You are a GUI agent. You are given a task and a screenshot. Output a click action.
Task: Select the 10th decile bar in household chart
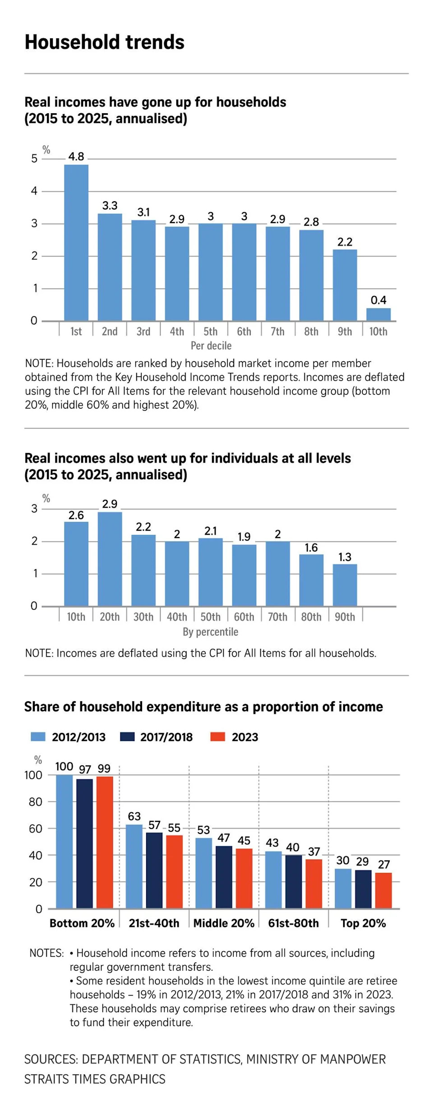click(x=378, y=315)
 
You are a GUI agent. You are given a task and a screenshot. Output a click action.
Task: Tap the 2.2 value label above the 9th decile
click(x=345, y=242)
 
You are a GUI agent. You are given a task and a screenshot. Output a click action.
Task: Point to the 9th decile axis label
click(x=345, y=332)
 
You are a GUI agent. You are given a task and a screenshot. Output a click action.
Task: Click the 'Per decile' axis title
click(x=211, y=346)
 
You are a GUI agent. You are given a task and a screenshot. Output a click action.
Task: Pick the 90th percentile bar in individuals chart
click(x=345, y=585)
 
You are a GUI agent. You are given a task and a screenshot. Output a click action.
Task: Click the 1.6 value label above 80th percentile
click(x=311, y=547)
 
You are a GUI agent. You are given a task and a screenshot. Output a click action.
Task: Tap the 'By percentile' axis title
click(x=210, y=632)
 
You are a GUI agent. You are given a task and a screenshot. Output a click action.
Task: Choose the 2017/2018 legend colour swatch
click(x=128, y=737)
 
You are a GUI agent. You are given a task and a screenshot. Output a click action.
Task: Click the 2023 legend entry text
click(x=245, y=737)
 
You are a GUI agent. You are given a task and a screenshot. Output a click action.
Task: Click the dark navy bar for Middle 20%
click(x=224, y=877)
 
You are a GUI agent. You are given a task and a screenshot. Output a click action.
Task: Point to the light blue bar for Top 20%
click(x=343, y=889)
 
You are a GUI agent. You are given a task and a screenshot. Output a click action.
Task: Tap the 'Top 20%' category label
click(x=363, y=923)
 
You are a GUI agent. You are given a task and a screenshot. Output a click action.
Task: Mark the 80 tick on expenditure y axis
click(x=35, y=802)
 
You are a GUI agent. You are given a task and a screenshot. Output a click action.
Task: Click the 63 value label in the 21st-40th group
click(x=134, y=816)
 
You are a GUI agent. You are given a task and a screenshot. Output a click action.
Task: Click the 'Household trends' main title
click(x=105, y=42)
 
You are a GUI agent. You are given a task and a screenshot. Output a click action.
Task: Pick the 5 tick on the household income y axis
click(x=34, y=158)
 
